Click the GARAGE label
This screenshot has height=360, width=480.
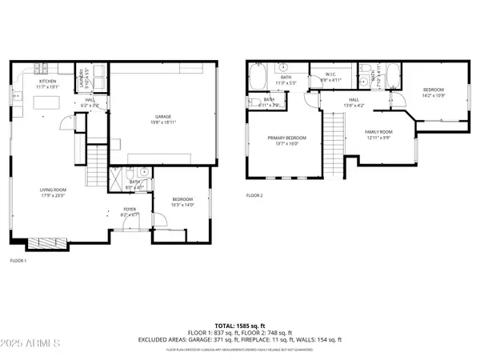164,117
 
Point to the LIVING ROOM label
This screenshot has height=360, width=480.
52,190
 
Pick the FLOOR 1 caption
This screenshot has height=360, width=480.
18,261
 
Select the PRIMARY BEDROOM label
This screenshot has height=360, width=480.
282,138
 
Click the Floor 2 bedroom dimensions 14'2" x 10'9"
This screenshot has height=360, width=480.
433,94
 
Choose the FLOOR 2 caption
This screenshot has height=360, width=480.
254,195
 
